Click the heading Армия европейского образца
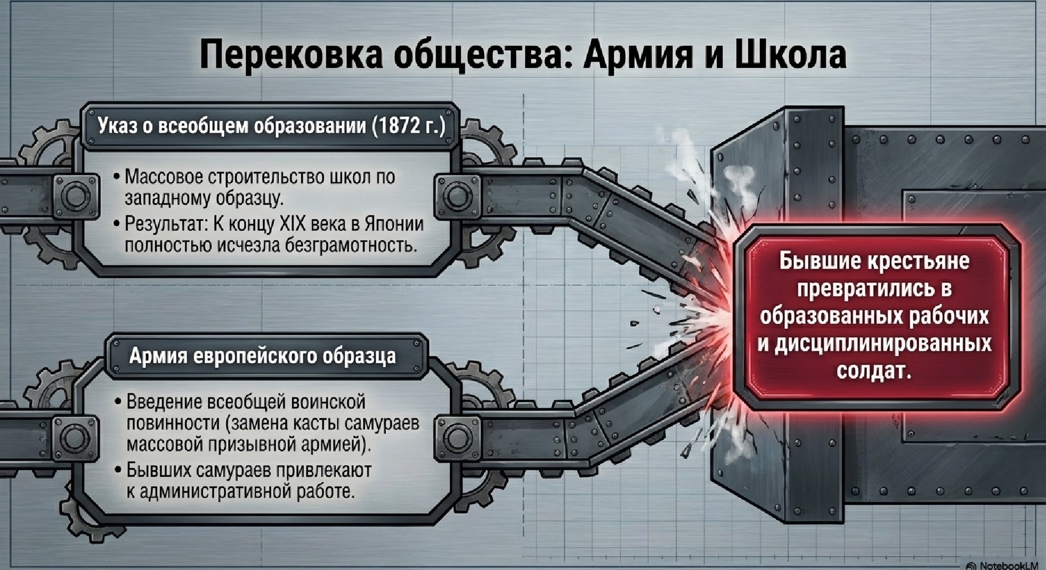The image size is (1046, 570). coord(262,356)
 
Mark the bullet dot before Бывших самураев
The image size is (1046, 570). coord(118,470)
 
